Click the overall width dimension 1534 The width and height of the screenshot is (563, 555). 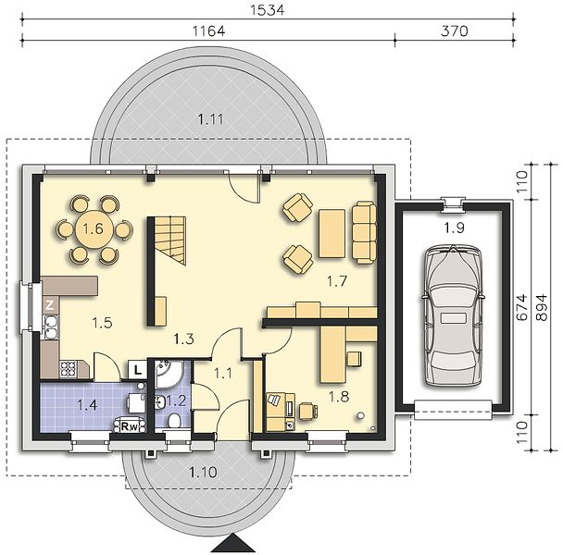coord(267,9)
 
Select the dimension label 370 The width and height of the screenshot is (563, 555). coord(455,31)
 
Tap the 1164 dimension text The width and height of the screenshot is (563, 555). coord(209,31)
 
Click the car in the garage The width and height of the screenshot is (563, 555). coord(454,316)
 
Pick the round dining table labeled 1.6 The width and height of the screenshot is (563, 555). coord(94,228)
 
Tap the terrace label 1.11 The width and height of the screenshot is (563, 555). coord(211,119)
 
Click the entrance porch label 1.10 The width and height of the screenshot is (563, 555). coord(203,472)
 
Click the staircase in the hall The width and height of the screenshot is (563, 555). coord(170,240)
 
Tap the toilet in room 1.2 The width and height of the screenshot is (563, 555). coord(174,420)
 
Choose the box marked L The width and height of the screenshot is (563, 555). coord(138,370)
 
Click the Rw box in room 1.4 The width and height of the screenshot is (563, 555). coord(130,426)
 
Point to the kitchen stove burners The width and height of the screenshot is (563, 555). coord(68,369)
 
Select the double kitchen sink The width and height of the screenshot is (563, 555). coord(51,327)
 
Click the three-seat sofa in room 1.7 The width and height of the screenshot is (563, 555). coord(364,233)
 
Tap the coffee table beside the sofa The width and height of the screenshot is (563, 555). coord(332,233)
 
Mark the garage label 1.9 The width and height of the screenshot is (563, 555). coord(455,228)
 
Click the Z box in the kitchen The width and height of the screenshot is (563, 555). coord(50,305)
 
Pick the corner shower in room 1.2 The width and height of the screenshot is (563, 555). coord(169,374)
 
